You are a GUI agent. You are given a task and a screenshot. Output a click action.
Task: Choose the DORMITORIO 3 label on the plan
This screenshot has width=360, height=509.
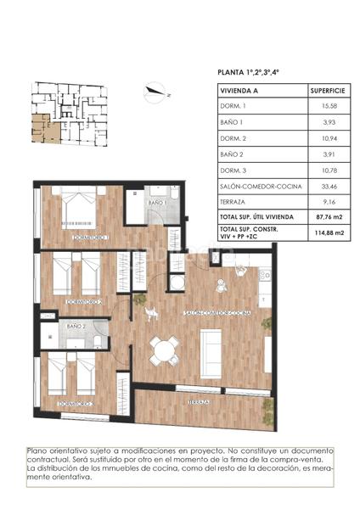(x=76, y=404)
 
